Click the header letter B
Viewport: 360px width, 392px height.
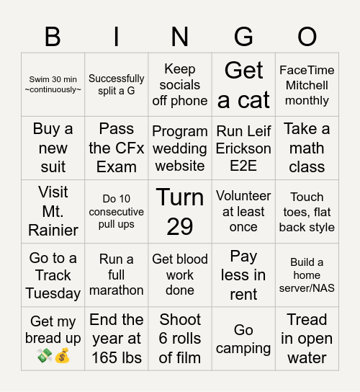53,36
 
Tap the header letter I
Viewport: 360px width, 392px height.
117,36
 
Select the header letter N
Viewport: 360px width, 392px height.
180,36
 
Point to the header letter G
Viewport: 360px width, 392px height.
243,36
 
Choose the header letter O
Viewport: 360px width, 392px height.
307,36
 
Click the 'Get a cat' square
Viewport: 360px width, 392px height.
243,84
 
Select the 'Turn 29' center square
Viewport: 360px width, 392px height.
180,211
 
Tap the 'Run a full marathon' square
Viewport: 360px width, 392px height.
117,275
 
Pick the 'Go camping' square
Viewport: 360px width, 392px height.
243,339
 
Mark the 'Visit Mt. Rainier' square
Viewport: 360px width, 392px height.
53,211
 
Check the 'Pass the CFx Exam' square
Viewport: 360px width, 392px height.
117,148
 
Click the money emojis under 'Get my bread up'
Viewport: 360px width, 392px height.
53,355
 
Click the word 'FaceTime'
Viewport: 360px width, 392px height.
307,70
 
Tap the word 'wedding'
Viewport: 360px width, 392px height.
180,149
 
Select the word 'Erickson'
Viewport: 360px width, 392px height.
243,149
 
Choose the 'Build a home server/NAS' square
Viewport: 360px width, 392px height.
307,275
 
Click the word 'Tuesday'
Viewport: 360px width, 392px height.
53,293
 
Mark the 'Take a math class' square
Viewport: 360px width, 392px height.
307,148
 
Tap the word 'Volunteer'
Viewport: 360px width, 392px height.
243,195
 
